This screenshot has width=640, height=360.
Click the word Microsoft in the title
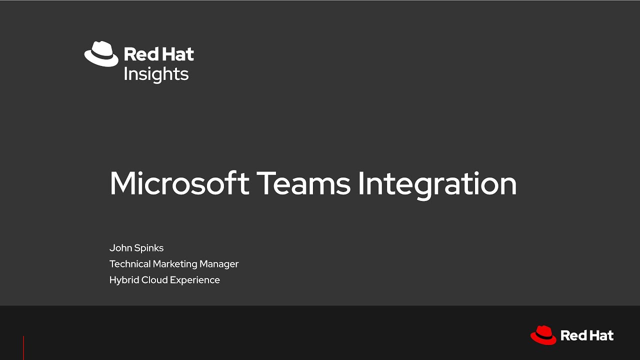click(x=179, y=183)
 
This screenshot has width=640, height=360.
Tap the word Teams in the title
click(x=304, y=183)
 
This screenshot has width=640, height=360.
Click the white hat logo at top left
click(x=101, y=53)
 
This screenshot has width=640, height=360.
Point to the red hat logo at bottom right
click(x=543, y=335)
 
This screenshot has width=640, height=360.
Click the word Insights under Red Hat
click(x=156, y=74)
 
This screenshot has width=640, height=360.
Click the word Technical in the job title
click(x=130, y=264)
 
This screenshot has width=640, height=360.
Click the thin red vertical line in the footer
click(x=23, y=348)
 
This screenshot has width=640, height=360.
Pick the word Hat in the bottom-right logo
click(x=601, y=335)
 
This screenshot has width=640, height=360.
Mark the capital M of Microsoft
click(x=122, y=183)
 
